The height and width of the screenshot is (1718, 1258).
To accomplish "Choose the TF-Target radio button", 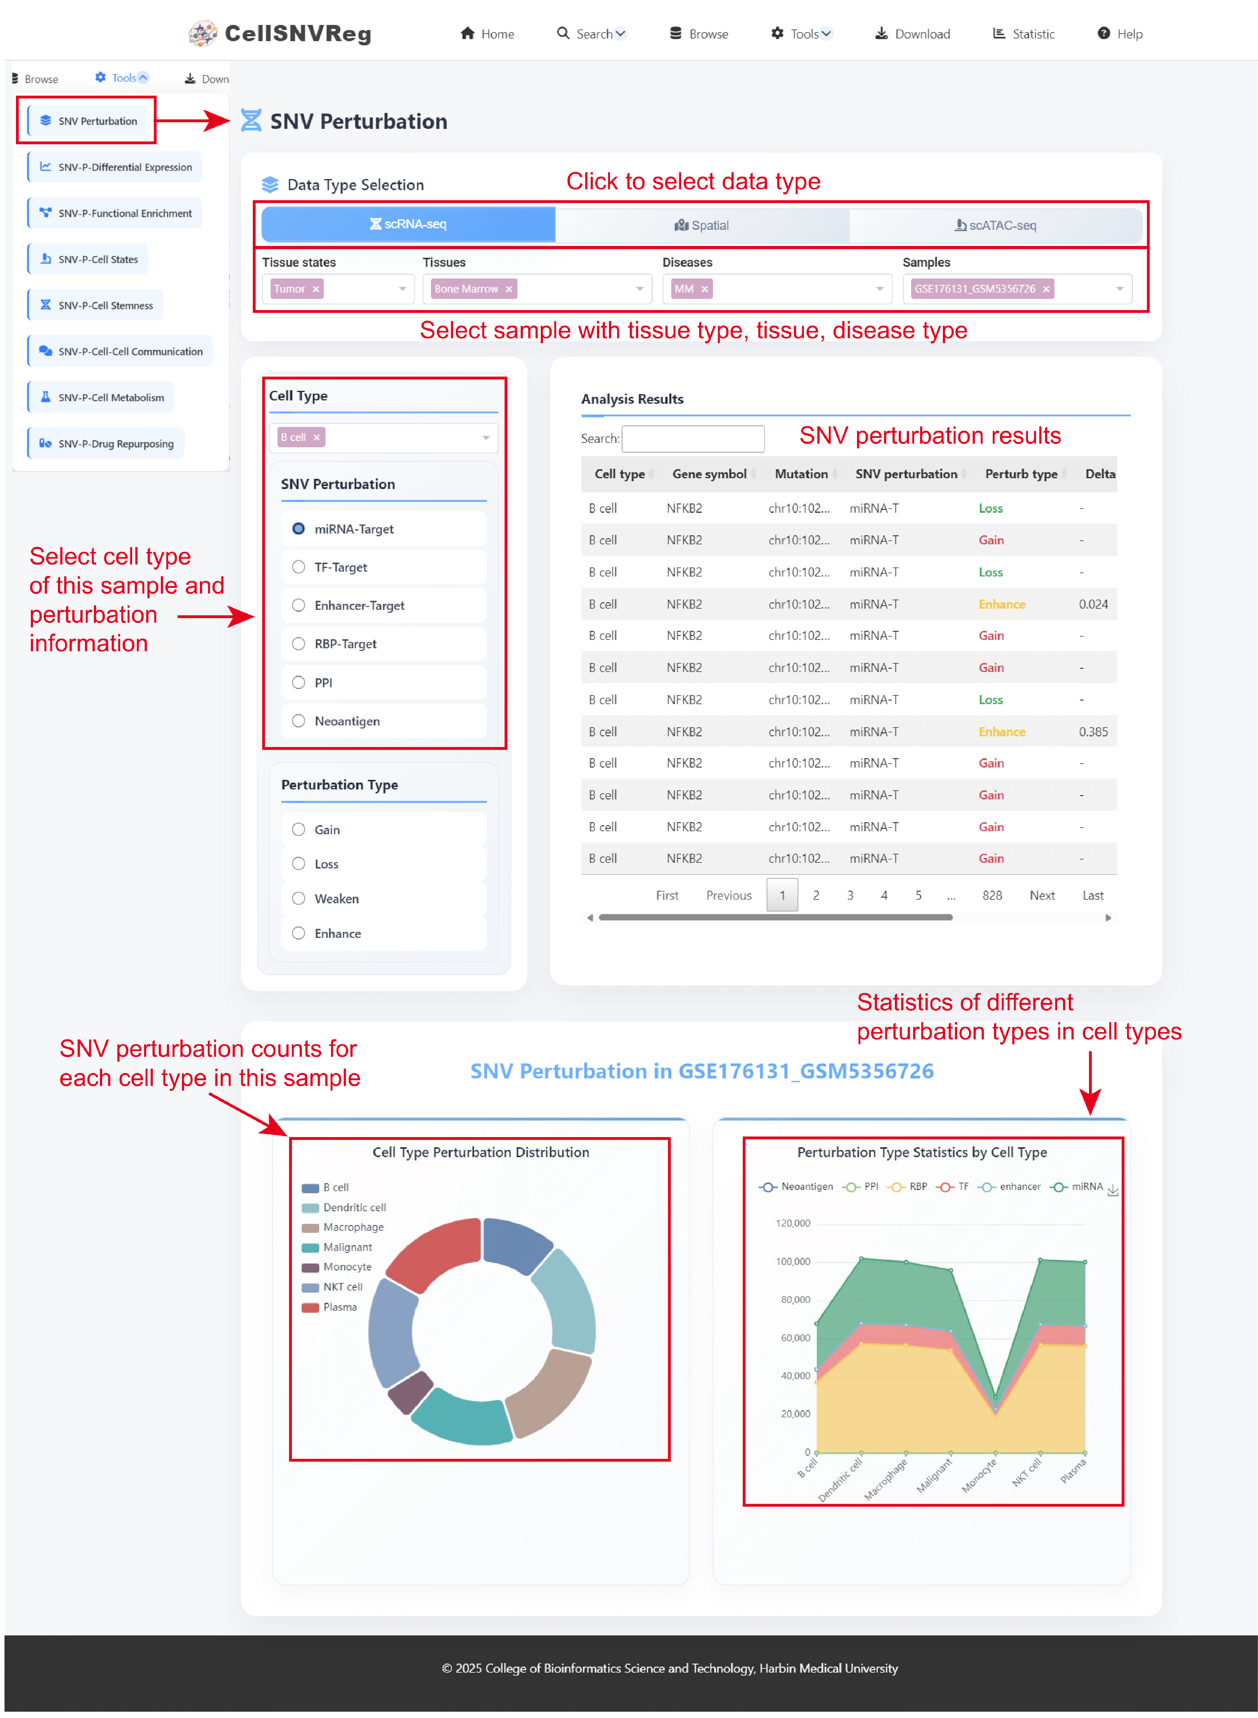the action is [299, 567].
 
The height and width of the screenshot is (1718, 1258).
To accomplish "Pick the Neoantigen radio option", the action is [299, 721].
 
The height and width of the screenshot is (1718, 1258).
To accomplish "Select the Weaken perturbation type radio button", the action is [299, 899].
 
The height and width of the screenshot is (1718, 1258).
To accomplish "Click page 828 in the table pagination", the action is [992, 895].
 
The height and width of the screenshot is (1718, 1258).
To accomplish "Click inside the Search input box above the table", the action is [693, 439].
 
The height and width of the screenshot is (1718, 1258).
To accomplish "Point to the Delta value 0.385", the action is [1093, 732].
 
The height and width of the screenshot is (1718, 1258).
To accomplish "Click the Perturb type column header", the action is [1021, 474].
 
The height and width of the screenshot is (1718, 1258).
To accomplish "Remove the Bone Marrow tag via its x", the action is [509, 289].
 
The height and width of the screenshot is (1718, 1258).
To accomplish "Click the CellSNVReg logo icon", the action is [202, 34].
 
